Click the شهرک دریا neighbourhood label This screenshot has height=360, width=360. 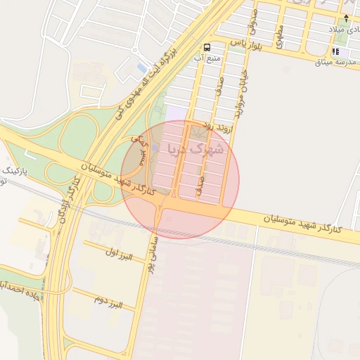195,149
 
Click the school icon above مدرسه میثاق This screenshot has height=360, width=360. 336,51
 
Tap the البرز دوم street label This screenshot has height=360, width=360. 108,302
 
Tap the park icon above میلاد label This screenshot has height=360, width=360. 347,17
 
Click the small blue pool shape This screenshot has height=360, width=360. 143,68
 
